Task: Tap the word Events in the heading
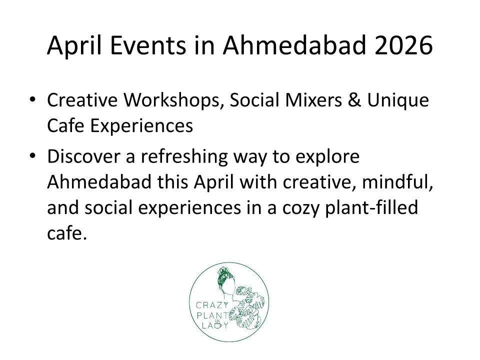pyautogui.click(x=148, y=45)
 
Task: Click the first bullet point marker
pyautogui.click(x=32, y=99)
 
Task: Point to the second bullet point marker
pyautogui.click(x=32, y=156)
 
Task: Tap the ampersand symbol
pyautogui.click(x=354, y=100)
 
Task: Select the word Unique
pyautogui.click(x=398, y=100)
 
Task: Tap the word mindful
pyautogui.click(x=397, y=182)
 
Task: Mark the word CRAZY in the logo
pyautogui.click(x=212, y=305)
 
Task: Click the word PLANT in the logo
pyautogui.click(x=212, y=315)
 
